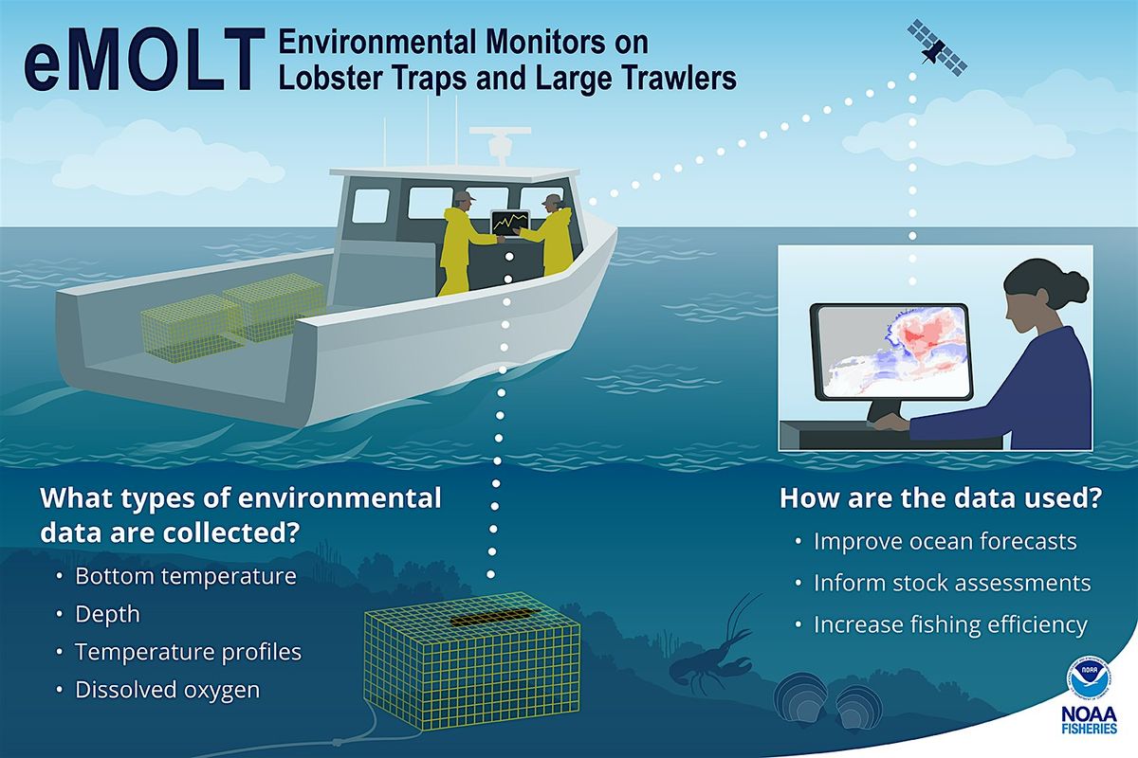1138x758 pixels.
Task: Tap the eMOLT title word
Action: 139,65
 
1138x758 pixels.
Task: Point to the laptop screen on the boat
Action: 509,224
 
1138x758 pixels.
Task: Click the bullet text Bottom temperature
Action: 185,576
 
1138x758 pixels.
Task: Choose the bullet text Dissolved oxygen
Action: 167,690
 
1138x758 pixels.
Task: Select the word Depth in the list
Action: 107,614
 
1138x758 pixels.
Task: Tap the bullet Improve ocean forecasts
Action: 945,542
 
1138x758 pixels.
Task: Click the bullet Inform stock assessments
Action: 952,583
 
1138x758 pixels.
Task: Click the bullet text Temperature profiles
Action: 188,652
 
